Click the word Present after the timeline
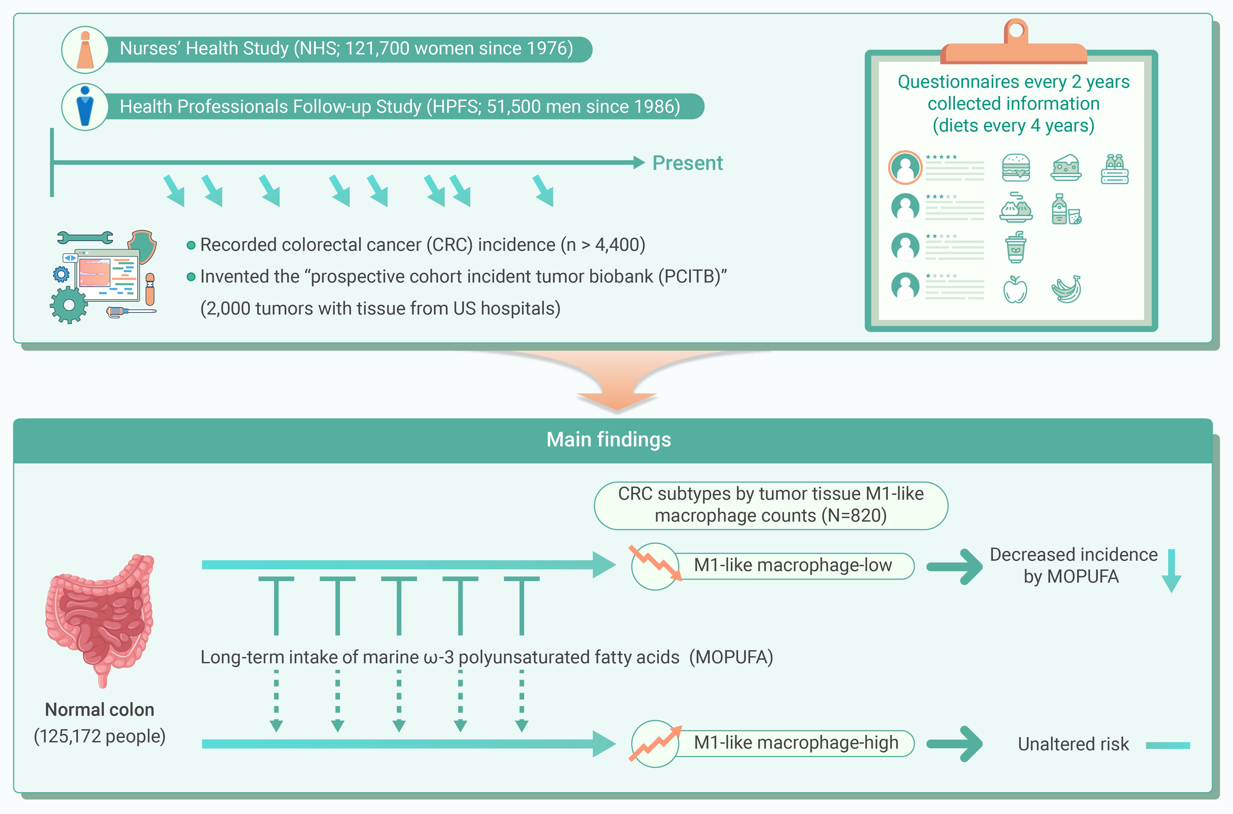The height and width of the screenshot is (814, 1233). pyautogui.click(x=687, y=163)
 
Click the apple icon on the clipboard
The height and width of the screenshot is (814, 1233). pyautogui.click(x=1015, y=289)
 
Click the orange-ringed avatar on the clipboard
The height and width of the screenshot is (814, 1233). pyautogui.click(x=905, y=168)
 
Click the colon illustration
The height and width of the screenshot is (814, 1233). pyautogui.click(x=100, y=620)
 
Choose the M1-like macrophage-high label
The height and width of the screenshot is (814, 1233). pyautogui.click(x=796, y=743)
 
